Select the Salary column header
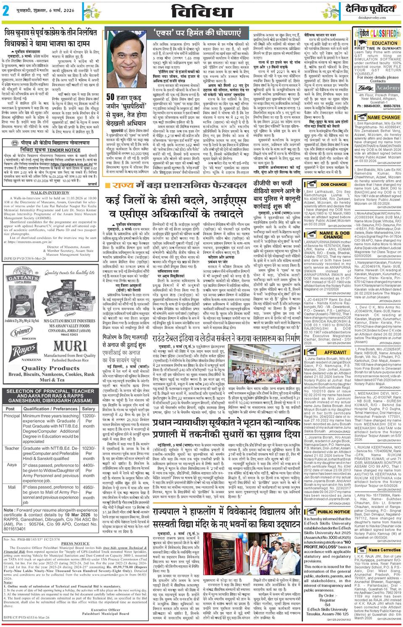[88, 408]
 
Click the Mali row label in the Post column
[11, 487]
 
